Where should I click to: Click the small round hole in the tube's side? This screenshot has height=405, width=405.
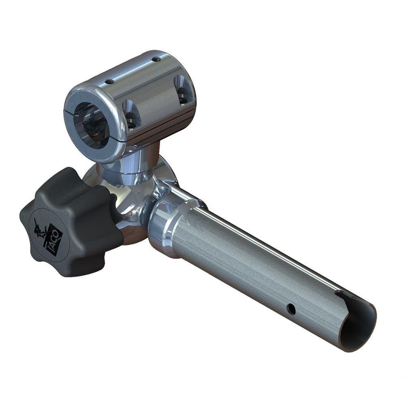coord(291,309)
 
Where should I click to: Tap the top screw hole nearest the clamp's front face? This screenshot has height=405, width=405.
coord(109,81)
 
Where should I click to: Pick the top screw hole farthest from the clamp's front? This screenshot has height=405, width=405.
coord(156,59)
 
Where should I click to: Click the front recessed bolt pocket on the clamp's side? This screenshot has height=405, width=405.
coord(131,114)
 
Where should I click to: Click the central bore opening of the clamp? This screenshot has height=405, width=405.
coord(92,124)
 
